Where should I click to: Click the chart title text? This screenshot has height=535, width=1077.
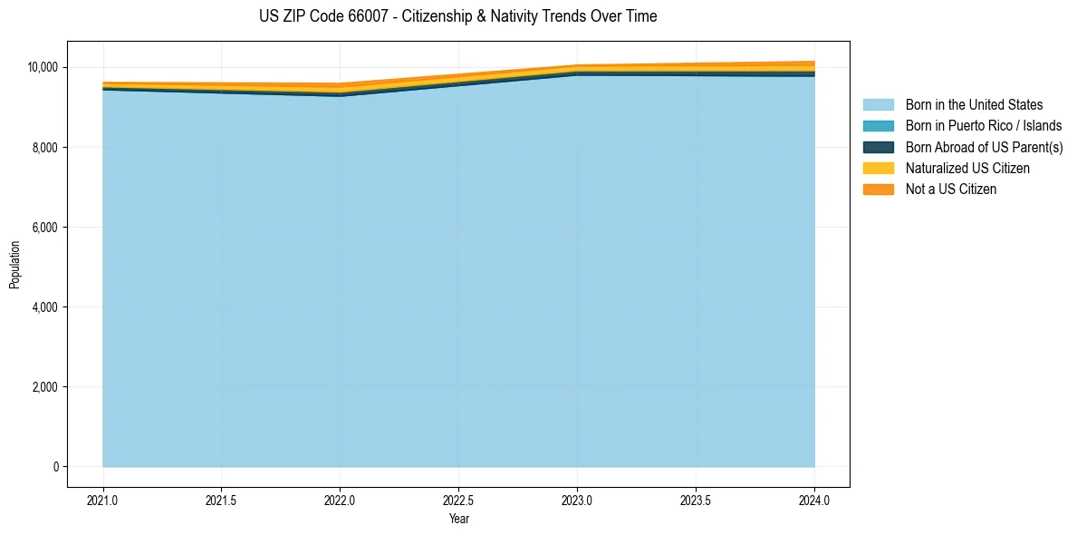click(x=457, y=16)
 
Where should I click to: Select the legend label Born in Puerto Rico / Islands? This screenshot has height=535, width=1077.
click(x=984, y=126)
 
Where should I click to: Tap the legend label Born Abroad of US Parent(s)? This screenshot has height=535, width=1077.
click(x=984, y=147)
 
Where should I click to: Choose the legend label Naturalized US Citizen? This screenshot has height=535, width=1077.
click(x=967, y=169)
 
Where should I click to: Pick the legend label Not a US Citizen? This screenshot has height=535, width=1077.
click(x=951, y=190)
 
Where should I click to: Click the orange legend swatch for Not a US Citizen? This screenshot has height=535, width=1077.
click(x=878, y=190)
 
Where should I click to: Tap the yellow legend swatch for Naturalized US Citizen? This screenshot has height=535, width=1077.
click(x=878, y=169)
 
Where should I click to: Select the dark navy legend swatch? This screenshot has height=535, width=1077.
click(x=878, y=147)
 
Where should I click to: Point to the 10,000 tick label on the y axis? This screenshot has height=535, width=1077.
click(x=42, y=67)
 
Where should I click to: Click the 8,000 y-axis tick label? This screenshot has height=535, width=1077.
click(x=44, y=147)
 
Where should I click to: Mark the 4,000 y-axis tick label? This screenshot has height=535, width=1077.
click(x=44, y=307)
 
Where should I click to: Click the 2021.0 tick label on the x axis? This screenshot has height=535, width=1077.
click(x=103, y=501)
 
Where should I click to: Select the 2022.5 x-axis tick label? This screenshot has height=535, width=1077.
click(x=458, y=501)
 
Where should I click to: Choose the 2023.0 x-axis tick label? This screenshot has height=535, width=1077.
click(x=577, y=501)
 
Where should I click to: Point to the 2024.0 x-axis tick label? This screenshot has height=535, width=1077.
click(x=814, y=501)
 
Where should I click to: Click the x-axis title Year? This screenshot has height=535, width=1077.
click(x=458, y=519)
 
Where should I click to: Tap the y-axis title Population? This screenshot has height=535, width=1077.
click(x=14, y=265)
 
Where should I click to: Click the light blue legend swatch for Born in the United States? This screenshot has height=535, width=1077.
click(x=878, y=105)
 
